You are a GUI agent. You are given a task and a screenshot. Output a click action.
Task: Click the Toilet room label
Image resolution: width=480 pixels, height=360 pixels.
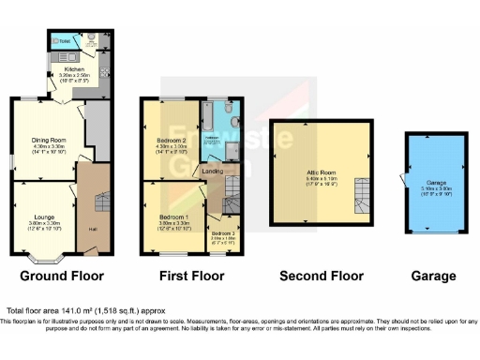coord(64,41)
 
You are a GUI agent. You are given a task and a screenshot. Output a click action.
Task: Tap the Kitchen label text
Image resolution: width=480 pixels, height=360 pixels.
coord(75,68)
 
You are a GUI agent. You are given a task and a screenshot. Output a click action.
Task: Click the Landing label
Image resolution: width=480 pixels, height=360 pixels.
coord(213,172)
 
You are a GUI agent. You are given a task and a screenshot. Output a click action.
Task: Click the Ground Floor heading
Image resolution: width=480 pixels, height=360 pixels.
coord(62,276)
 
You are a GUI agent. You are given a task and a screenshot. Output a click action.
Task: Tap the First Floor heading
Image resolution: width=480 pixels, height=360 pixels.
coord(192,276)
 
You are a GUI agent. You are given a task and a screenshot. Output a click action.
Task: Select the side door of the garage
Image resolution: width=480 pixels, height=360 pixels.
coord(403,179)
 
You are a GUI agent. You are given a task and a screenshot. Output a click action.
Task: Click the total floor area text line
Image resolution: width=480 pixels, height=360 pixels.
coord(85,309)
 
